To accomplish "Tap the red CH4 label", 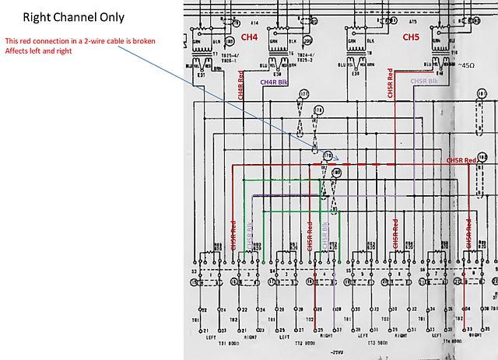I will pyautogui.click(x=249, y=37).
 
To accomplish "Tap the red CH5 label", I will pyautogui.click(x=410, y=37).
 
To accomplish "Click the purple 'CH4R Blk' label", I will pyautogui.click(x=275, y=82).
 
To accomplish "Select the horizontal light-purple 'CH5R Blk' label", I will pyautogui.click(x=425, y=81).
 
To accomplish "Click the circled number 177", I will pyautogui.click(x=304, y=94).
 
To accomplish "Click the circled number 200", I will pyautogui.click(x=308, y=39).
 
